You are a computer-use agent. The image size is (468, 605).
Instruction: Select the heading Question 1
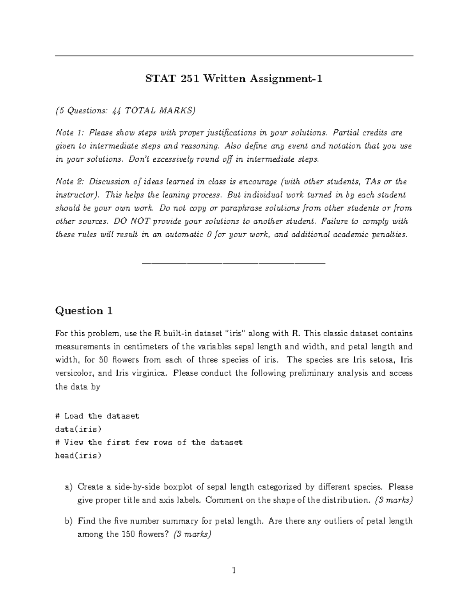pyautogui.click(x=84, y=310)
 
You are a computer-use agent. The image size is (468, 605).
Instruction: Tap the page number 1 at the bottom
pyautogui.click(x=234, y=571)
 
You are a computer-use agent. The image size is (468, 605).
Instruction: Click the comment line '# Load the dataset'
pyautogui.click(x=97, y=416)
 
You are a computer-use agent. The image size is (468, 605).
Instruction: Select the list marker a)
pyautogui.click(x=69, y=487)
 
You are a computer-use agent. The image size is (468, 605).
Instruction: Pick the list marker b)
pyautogui.click(x=69, y=521)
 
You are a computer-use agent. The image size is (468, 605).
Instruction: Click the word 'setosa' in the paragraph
pyautogui.click(x=376, y=360)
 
